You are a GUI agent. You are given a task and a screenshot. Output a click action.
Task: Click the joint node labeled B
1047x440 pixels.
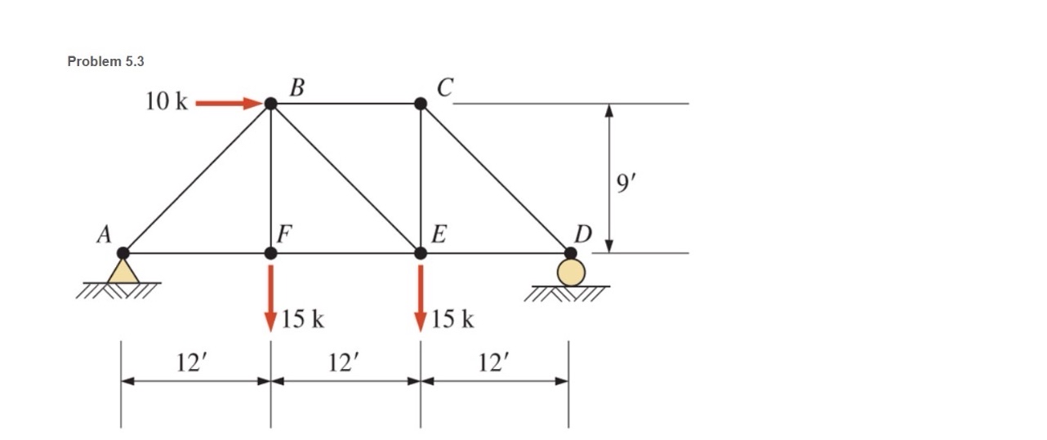point(271,104)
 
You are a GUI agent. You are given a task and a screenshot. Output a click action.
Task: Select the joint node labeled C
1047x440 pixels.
point(421,104)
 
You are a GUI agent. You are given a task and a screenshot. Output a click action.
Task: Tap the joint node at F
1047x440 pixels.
point(271,253)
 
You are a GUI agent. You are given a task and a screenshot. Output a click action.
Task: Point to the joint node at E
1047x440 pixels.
point(421,253)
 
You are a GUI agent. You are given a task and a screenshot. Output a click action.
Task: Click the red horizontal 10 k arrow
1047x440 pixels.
point(227,104)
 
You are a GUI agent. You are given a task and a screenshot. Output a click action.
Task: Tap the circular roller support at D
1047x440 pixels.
point(571,273)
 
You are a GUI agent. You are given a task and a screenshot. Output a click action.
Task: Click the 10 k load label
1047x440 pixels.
point(167,102)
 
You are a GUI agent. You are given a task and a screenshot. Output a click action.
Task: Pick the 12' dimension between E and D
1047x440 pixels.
point(493,362)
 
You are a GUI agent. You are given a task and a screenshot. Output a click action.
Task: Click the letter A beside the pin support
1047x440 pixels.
point(104,235)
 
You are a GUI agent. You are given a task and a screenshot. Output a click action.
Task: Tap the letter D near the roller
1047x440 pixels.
point(582,234)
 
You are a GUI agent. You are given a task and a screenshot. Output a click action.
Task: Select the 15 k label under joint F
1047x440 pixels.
point(302,319)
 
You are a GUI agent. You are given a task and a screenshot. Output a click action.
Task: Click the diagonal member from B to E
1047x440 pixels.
point(345,178)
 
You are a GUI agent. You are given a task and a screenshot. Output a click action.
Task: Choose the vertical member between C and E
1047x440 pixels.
point(421,178)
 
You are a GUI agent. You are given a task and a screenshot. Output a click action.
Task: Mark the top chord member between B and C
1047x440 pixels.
point(345,104)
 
